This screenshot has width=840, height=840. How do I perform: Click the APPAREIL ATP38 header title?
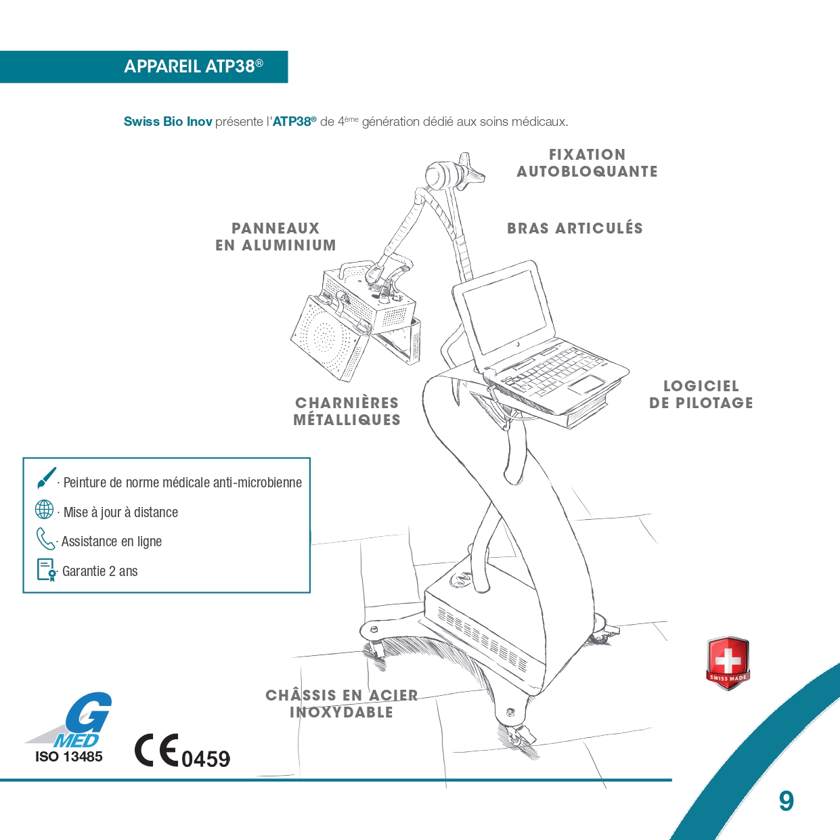click(194, 66)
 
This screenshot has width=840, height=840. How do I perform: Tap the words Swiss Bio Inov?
click(168, 122)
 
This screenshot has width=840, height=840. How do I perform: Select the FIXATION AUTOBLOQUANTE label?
click(587, 163)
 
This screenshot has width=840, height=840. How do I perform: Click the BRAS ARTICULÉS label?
click(575, 228)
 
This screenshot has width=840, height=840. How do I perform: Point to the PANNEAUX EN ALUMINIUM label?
click(276, 237)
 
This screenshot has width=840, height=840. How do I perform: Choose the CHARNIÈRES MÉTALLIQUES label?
click(347, 411)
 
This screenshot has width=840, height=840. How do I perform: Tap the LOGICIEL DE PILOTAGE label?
click(701, 395)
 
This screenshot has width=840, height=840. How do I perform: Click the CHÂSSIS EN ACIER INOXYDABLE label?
click(342, 703)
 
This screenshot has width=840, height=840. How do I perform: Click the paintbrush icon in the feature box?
click(47, 478)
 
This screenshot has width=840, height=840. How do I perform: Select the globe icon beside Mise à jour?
click(44, 510)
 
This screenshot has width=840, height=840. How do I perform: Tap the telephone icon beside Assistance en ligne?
click(45, 539)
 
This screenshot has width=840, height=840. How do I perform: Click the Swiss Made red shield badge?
click(728, 663)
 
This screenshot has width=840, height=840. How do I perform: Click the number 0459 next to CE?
click(206, 759)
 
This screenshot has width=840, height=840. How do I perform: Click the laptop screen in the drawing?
click(504, 312)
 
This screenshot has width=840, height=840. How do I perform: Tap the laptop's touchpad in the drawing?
click(587, 385)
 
